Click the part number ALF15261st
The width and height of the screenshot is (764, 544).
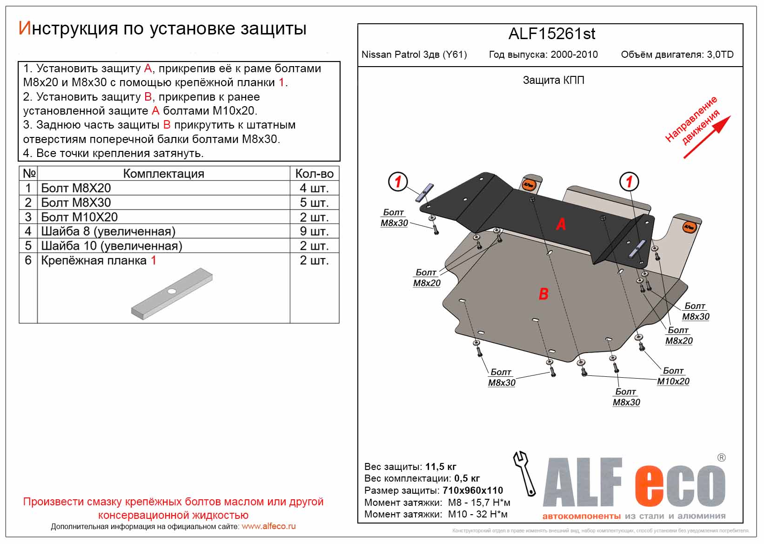click(x=551, y=34)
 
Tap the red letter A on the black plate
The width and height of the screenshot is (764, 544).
click(x=561, y=224)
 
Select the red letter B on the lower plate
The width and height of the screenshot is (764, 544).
click(x=543, y=294)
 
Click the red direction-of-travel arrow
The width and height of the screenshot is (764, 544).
click(x=707, y=137)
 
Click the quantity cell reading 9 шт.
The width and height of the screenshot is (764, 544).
click(x=314, y=231)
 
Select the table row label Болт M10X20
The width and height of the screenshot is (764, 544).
click(x=80, y=217)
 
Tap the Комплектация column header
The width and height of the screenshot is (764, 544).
click(x=163, y=174)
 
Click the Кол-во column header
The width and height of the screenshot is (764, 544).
click(x=314, y=174)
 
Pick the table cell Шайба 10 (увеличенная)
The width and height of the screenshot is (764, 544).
click(x=112, y=246)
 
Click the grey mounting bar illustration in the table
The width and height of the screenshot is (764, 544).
click(x=172, y=293)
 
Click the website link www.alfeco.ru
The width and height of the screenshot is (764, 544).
click(x=268, y=526)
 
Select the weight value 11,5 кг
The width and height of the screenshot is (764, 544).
click(x=441, y=467)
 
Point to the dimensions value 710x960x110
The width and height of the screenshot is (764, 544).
click(x=473, y=490)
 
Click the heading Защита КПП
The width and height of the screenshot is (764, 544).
click(x=553, y=80)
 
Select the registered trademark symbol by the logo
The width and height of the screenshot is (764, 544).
click(x=721, y=458)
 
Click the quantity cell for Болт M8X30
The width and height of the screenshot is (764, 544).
click(x=314, y=203)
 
